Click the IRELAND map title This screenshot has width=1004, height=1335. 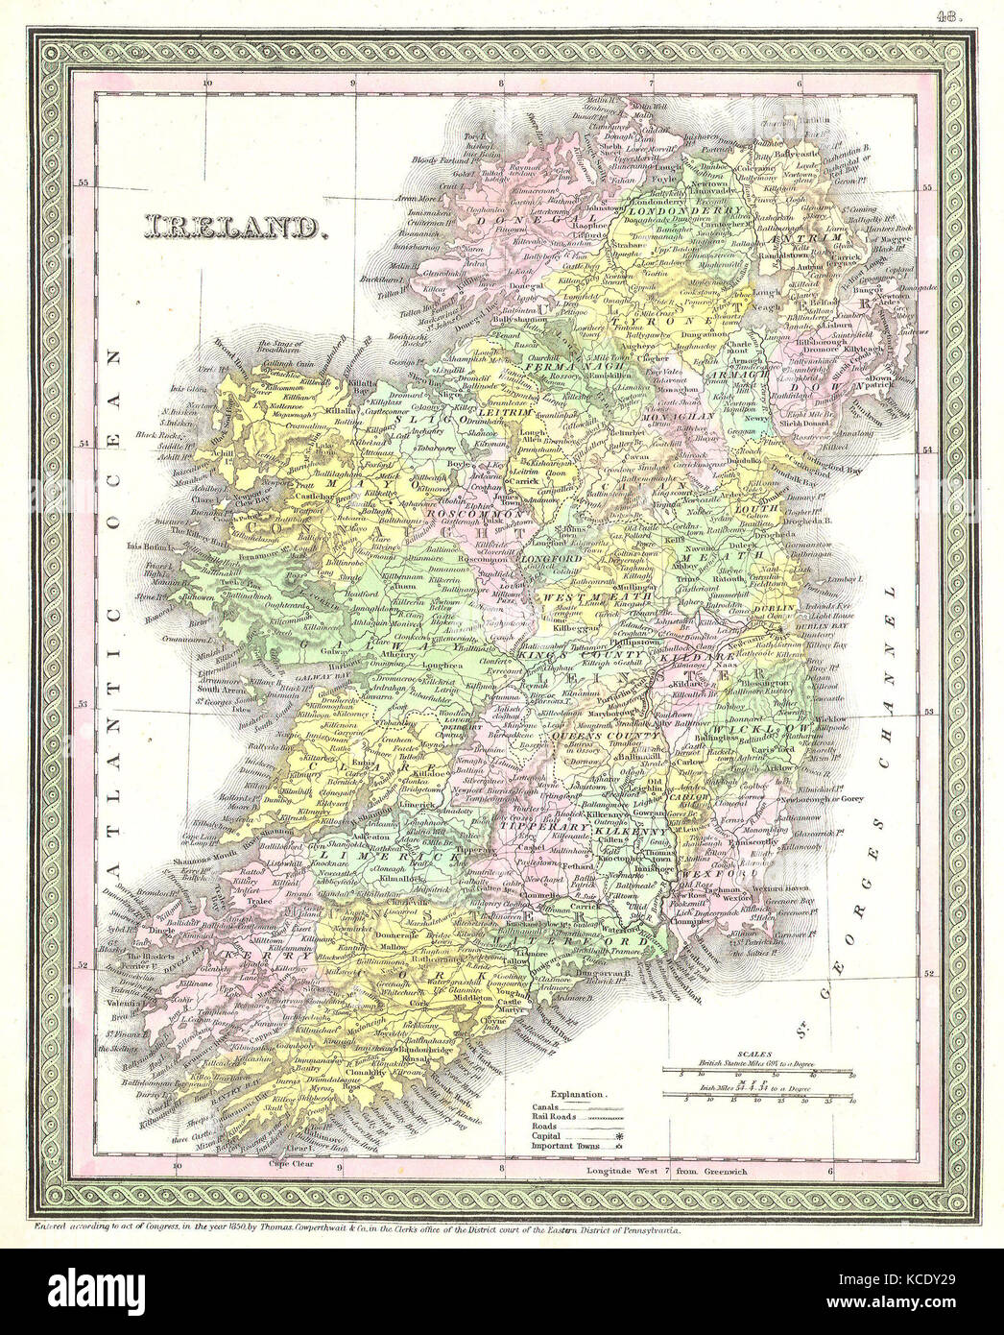[231, 228]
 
